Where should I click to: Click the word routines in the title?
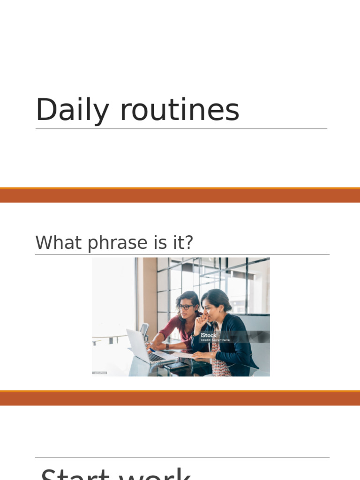(x=180, y=111)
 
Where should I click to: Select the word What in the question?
(x=54, y=243)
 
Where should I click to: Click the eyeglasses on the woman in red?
(x=186, y=307)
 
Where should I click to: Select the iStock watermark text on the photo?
(x=209, y=335)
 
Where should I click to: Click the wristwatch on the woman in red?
(x=167, y=346)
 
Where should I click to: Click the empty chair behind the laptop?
(x=144, y=330)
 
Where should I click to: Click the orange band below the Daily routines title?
(x=180, y=195)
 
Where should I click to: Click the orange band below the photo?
(x=180, y=398)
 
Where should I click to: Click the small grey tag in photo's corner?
(x=99, y=373)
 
